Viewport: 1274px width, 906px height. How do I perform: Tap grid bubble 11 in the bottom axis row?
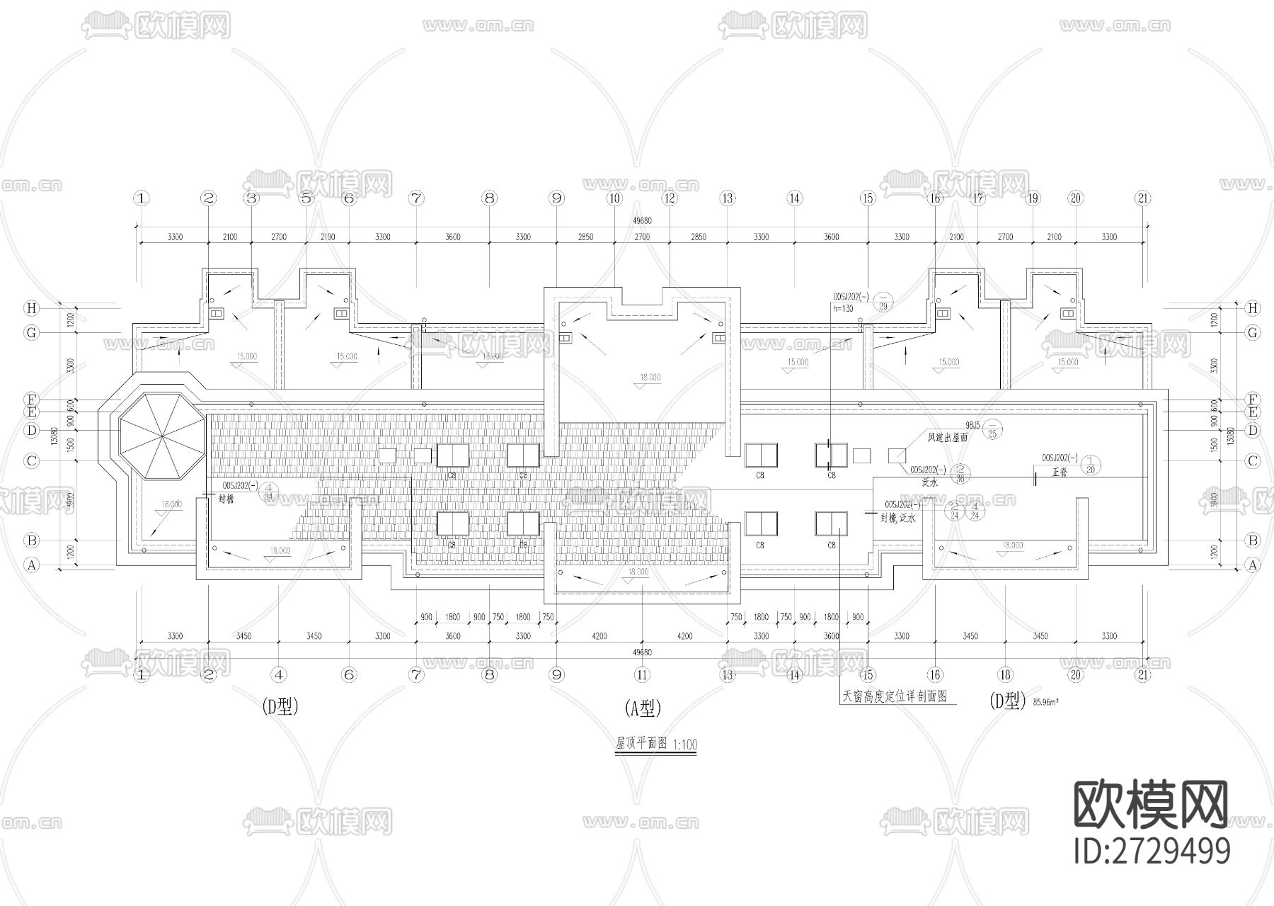(x=641, y=675)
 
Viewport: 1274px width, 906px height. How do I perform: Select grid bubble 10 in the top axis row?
(x=614, y=198)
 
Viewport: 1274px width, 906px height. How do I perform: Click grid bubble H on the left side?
(x=31, y=308)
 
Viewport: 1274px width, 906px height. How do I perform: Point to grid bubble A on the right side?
(x=1253, y=565)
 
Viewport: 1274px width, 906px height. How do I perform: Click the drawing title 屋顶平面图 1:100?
(x=655, y=744)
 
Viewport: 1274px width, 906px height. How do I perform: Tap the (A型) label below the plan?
(x=643, y=707)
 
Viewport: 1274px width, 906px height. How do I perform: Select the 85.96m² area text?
(x=1046, y=703)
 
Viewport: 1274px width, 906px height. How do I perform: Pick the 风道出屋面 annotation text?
(x=947, y=438)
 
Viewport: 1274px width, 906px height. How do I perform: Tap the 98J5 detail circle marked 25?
(x=992, y=429)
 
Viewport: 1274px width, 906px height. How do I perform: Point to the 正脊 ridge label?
(x=1060, y=472)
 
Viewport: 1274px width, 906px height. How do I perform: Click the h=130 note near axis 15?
(x=843, y=309)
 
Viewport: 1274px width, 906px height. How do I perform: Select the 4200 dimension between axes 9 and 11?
(x=599, y=636)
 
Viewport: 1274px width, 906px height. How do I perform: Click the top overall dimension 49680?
(x=641, y=220)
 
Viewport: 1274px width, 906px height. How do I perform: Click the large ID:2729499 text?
(x=1152, y=851)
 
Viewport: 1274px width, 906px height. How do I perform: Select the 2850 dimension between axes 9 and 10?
(x=585, y=237)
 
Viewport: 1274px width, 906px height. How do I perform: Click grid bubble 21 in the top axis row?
(x=1142, y=198)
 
